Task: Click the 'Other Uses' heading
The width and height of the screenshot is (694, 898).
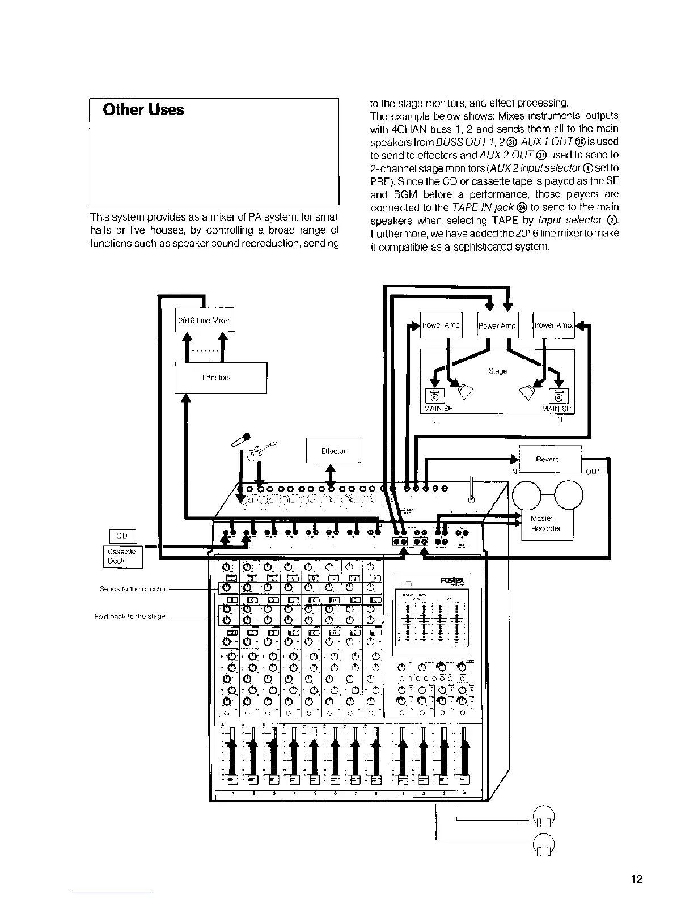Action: pos(143,109)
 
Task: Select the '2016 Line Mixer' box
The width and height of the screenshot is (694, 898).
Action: pos(204,320)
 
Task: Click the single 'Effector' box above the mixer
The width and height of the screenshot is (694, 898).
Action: pos(333,451)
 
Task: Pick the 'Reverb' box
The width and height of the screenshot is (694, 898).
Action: pos(547,459)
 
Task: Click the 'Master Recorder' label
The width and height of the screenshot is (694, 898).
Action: pos(545,523)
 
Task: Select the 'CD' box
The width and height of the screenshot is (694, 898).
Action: pos(122,536)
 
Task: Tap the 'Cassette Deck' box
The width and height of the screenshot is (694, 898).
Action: pos(123,556)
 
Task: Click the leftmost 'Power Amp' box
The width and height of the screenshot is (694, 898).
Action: pos(441,325)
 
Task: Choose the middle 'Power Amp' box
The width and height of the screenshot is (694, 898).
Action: pos(497,325)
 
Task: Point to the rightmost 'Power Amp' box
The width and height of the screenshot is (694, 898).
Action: pos(553,325)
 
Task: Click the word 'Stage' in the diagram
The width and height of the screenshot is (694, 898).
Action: pos(498,371)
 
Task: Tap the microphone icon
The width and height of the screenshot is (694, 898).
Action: pos(240,440)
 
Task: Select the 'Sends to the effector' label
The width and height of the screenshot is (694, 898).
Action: pos(133,589)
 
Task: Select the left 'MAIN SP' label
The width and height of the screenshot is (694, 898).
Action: pos(438,409)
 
